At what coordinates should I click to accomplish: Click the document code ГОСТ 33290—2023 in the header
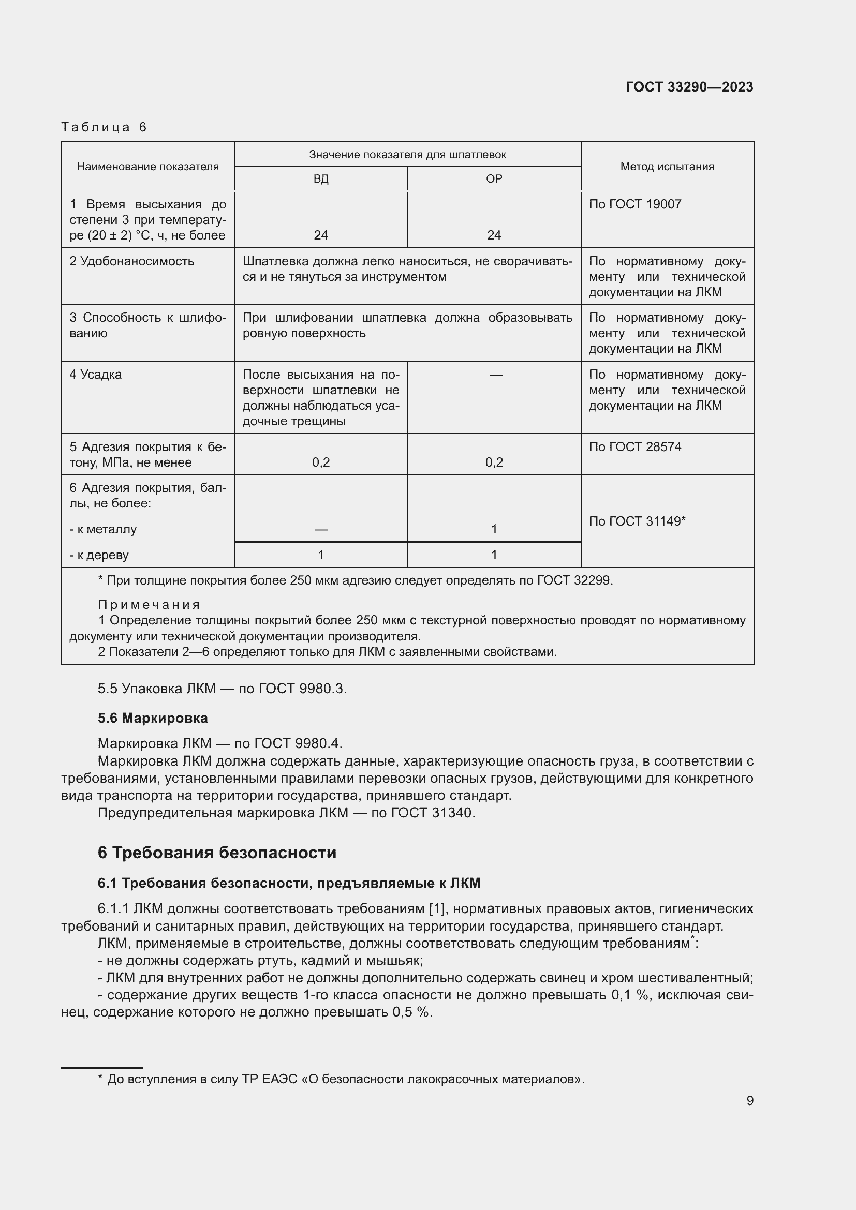click(689, 87)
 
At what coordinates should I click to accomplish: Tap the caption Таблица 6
click(104, 127)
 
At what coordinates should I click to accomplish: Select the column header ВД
click(320, 178)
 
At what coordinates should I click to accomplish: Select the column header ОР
click(494, 178)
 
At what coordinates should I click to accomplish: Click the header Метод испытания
click(667, 167)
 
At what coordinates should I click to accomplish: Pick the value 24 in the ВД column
click(320, 235)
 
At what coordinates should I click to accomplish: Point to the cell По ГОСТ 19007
click(634, 204)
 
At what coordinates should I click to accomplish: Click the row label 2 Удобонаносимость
click(132, 261)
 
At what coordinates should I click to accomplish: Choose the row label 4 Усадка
click(95, 375)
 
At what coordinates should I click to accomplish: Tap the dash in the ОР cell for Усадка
click(495, 375)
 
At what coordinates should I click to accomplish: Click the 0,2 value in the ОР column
click(494, 462)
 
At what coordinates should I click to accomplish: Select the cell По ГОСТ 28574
click(634, 447)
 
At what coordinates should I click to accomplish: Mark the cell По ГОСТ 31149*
click(637, 521)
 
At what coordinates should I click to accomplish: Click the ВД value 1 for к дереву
click(320, 555)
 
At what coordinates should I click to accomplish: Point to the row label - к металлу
click(103, 529)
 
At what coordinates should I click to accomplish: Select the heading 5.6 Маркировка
click(152, 718)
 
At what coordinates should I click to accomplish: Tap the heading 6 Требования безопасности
click(217, 852)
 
